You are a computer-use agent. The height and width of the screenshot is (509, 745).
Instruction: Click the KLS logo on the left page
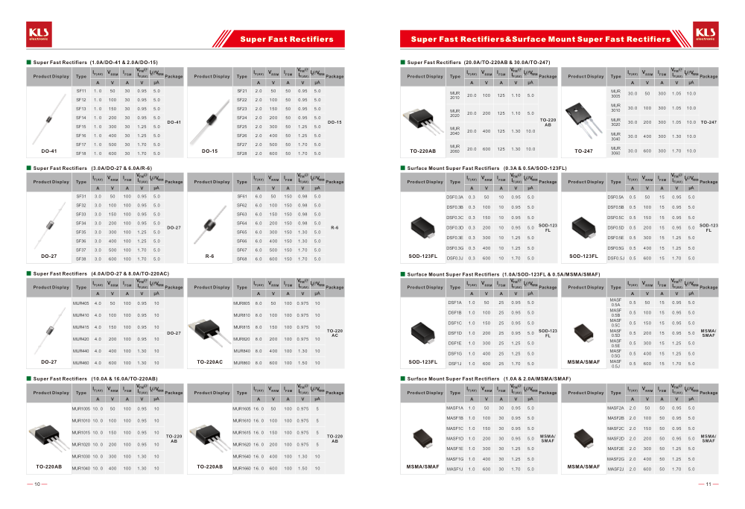[x=38, y=33]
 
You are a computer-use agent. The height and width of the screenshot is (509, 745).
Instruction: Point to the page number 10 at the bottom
[x=37, y=484]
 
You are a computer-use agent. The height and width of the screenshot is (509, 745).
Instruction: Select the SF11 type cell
[x=81, y=91]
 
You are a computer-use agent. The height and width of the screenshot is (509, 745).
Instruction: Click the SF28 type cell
[x=241, y=154]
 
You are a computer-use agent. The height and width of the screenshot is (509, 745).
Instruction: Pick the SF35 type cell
[x=81, y=233]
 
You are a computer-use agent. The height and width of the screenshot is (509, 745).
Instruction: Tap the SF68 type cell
[x=241, y=259]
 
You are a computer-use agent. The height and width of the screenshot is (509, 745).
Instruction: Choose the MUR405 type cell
[x=81, y=303]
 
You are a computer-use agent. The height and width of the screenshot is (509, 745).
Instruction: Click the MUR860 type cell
[x=242, y=363]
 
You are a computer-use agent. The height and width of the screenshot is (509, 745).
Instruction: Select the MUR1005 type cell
[x=81, y=409]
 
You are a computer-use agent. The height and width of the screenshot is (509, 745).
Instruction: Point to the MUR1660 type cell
[x=242, y=469]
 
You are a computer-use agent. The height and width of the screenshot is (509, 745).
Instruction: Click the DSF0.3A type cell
[x=454, y=197]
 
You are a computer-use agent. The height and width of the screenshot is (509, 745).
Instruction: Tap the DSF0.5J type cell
[x=616, y=258]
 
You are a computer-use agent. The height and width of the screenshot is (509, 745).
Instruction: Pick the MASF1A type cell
[x=454, y=408]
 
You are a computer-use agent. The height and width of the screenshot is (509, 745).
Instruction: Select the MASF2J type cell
[x=616, y=470]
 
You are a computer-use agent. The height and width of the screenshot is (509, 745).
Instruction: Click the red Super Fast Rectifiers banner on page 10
[x=286, y=39]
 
